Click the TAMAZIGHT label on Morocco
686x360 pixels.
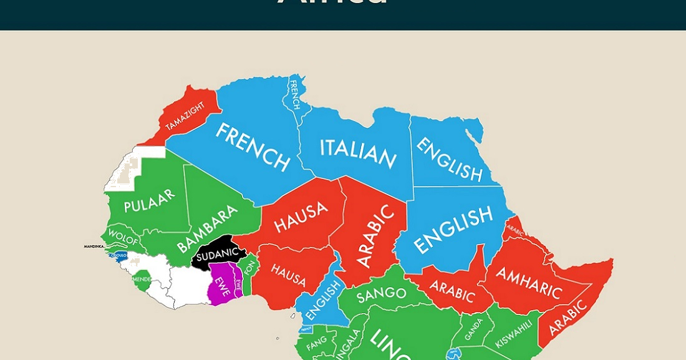(x=186, y=116)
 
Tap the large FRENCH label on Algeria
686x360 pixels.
(x=253, y=147)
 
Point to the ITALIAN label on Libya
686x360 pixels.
(x=358, y=153)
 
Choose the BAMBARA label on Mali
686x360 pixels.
(x=207, y=228)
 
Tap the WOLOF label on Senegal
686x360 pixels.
(x=123, y=237)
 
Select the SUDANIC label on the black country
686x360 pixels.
(x=218, y=254)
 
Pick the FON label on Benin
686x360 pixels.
(x=249, y=266)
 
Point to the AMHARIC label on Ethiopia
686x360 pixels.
(x=529, y=282)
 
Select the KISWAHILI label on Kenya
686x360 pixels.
(x=514, y=334)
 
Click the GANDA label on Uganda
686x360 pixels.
(x=473, y=329)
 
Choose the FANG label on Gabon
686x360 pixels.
(x=316, y=342)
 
